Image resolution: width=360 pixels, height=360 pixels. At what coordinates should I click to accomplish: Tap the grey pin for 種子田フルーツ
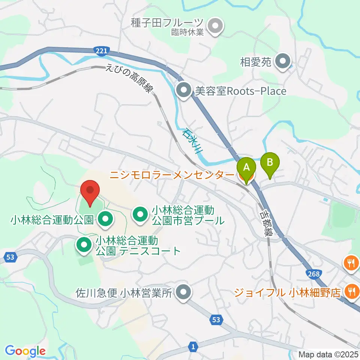coord(215,27)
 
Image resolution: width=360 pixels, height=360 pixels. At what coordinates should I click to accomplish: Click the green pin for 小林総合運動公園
coord(105,219)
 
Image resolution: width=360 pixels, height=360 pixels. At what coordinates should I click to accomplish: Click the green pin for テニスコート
coord(84,245)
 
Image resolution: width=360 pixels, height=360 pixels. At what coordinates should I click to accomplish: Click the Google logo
coord(25,351)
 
